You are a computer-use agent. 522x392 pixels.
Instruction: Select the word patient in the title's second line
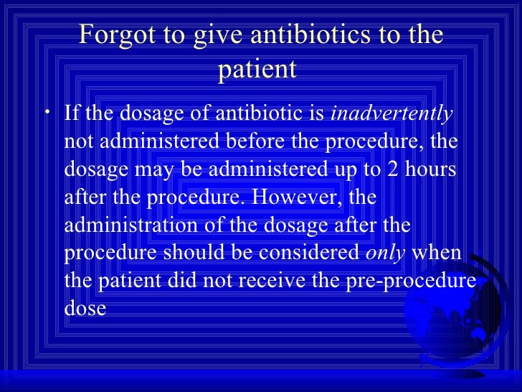(260, 71)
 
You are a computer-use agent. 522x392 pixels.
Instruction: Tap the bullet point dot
(47, 115)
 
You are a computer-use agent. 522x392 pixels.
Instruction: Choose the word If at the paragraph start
(72, 114)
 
